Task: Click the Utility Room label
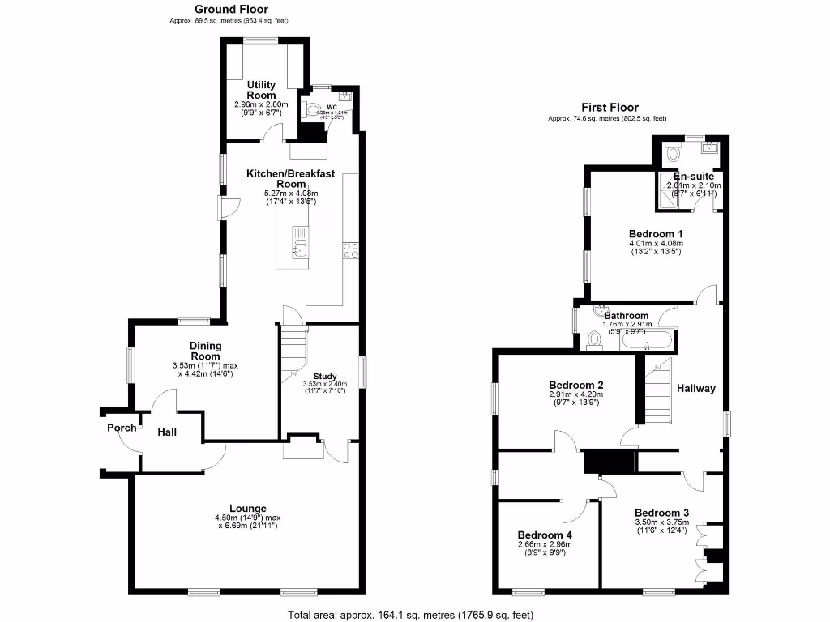point(262,90)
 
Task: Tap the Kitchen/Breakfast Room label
point(290,178)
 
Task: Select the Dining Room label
point(205,351)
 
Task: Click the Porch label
point(122,428)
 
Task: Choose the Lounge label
point(247,509)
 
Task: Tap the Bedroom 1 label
point(656,233)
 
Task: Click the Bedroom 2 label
point(575,385)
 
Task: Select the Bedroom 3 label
point(661,513)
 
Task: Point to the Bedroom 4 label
point(545,535)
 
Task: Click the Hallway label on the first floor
point(696,388)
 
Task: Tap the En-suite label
point(693,176)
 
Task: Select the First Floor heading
point(610,108)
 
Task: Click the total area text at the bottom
point(411,615)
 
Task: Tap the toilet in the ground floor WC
point(312,111)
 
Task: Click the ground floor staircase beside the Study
point(294,352)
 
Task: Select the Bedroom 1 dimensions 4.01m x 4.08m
point(656,243)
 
